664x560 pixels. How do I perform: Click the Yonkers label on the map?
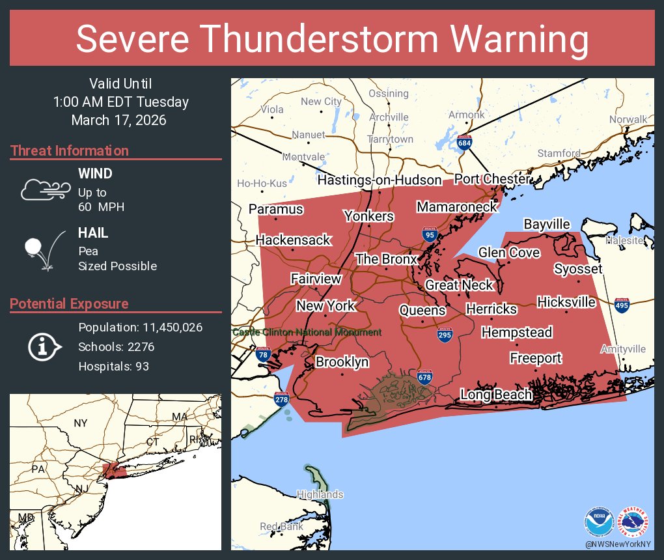pyautogui.click(x=368, y=216)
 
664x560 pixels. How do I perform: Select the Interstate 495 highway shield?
pyautogui.click(x=622, y=305)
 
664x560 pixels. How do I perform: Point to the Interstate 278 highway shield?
pyautogui.click(x=282, y=399)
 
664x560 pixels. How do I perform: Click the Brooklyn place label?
pyautogui.click(x=342, y=361)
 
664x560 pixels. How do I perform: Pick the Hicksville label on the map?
pyautogui.click(x=566, y=301)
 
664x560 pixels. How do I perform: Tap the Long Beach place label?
pyautogui.click(x=496, y=394)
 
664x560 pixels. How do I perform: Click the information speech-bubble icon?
pyautogui.click(x=44, y=346)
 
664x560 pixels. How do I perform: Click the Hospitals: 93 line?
pyautogui.click(x=113, y=366)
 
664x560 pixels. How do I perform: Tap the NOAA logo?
pyautogui.click(x=599, y=523)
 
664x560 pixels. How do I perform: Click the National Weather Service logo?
pyautogui.click(x=634, y=523)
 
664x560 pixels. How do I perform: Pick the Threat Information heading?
pyautogui.click(x=70, y=150)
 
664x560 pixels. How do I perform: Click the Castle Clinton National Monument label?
pyautogui.click(x=307, y=332)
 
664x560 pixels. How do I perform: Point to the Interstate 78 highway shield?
pyautogui.click(x=263, y=355)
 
